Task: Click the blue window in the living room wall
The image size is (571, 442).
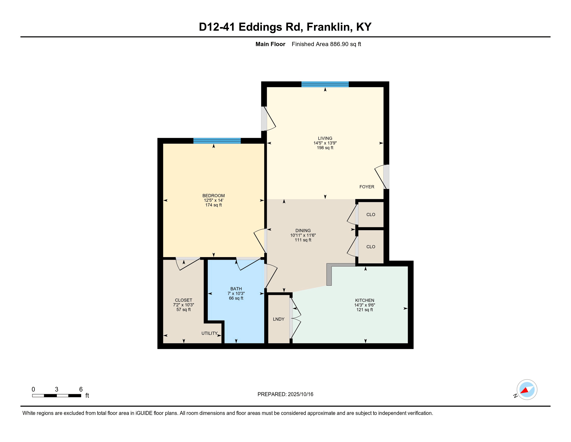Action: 325,84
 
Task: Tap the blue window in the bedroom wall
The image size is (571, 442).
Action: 217,141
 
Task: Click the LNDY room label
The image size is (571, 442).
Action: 279,319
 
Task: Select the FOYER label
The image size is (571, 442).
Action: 367,187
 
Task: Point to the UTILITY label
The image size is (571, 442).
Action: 209,333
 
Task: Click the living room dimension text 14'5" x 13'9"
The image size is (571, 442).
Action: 325,143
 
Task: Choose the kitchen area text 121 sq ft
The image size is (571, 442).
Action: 365,310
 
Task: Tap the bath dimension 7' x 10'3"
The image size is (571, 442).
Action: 236,294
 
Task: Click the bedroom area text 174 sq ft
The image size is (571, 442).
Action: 214,205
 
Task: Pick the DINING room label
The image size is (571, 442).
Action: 303,231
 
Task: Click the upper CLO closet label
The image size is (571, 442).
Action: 371,215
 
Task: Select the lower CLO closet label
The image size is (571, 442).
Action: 371,247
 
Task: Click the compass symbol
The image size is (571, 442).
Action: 527,390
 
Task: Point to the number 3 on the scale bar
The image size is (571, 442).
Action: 57,389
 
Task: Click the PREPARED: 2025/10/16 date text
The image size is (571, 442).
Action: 285,394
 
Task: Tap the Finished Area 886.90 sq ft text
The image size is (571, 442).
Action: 326,44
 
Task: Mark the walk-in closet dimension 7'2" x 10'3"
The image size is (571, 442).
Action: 183,305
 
